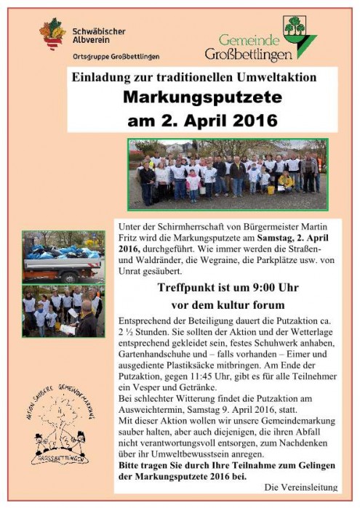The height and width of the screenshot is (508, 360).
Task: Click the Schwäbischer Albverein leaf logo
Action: point(52,36)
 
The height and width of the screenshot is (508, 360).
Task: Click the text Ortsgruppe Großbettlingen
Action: point(116,56)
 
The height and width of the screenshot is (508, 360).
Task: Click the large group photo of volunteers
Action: point(228,174)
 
